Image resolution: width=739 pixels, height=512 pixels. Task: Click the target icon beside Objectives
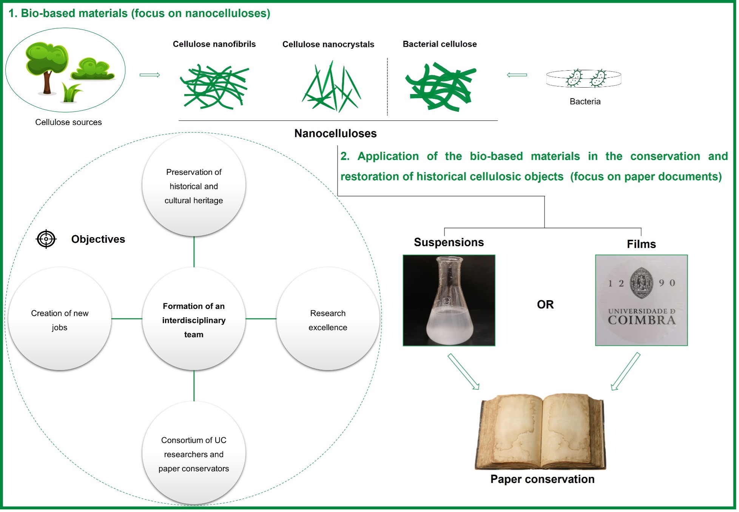pyautogui.click(x=46, y=239)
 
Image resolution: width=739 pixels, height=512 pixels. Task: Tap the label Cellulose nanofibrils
pyautogui.click(x=214, y=44)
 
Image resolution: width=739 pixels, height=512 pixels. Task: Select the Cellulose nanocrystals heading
pyautogui.click(x=328, y=45)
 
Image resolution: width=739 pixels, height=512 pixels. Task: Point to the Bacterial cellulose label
pyautogui.click(x=440, y=44)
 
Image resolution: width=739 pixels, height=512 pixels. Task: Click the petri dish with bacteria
pyautogui.click(x=583, y=78)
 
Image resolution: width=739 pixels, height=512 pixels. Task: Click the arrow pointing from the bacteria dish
pyautogui.click(x=517, y=75)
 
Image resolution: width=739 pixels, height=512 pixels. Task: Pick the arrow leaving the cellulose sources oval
pyautogui.click(x=150, y=75)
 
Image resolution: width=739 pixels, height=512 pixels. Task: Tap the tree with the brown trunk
pyautogui.click(x=47, y=68)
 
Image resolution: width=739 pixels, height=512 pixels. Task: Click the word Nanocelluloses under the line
pyautogui.click(x=335, y=133)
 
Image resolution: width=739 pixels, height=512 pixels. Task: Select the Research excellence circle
pyautogui.click(x=328, y=319)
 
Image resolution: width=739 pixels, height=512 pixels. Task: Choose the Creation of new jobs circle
pyautogui.click(x=60, y=319)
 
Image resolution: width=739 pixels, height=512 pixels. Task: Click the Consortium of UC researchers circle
pyautogui.click(x=194, y=453)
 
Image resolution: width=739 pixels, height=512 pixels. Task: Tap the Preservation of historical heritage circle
pyautogui.click(x=194, y=185)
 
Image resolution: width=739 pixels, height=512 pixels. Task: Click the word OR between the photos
pyautogui.click(x=545, y=305)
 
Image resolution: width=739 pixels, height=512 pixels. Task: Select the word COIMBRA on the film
pyautogui.click(x=642, y=321)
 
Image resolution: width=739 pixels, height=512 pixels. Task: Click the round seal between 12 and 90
pyautogui.click(x=641, y=283)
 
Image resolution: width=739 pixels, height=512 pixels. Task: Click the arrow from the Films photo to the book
pyautogui.click(x=626, y=371)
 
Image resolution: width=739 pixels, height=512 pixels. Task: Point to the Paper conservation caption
pyautogui.click(x=542, y=479)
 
